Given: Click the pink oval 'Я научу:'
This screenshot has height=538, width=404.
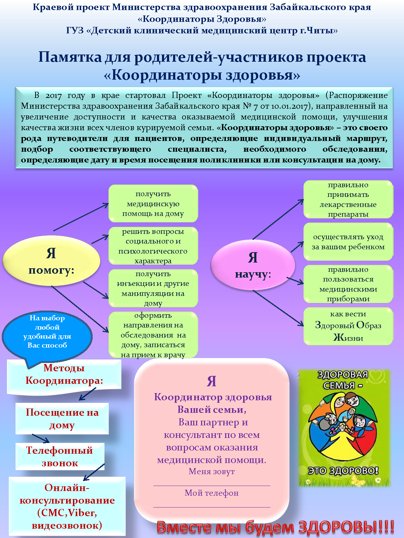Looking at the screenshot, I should [253, 265].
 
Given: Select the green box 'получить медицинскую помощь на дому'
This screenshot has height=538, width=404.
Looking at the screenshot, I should [153, 204].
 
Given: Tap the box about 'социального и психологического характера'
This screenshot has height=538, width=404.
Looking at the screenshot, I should [153, 246].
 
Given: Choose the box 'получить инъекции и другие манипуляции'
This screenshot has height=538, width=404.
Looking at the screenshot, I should [153, 288].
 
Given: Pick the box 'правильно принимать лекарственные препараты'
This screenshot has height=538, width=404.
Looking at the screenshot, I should [348, 199].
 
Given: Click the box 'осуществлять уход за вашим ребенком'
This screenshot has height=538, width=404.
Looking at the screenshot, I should [348, 242].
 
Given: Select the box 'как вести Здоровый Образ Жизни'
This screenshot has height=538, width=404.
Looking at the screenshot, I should [348, 326].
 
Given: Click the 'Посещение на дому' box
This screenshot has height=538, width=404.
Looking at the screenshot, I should [62, 419].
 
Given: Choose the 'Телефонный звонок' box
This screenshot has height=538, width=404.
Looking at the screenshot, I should [60, 457].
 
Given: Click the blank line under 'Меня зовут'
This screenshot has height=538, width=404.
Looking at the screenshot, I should [212, 485].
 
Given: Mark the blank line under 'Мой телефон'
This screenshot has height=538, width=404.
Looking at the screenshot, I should [212, 507].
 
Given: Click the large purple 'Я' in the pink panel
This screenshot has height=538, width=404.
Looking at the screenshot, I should [212, 381].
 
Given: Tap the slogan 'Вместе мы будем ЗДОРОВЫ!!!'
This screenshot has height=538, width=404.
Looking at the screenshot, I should [275, 527].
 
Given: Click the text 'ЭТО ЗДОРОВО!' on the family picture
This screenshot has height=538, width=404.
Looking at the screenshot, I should [343, 471].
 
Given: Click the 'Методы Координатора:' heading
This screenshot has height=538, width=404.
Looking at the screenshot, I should [64, 374].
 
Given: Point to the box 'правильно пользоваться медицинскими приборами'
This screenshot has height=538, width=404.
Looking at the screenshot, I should [348, 284].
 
